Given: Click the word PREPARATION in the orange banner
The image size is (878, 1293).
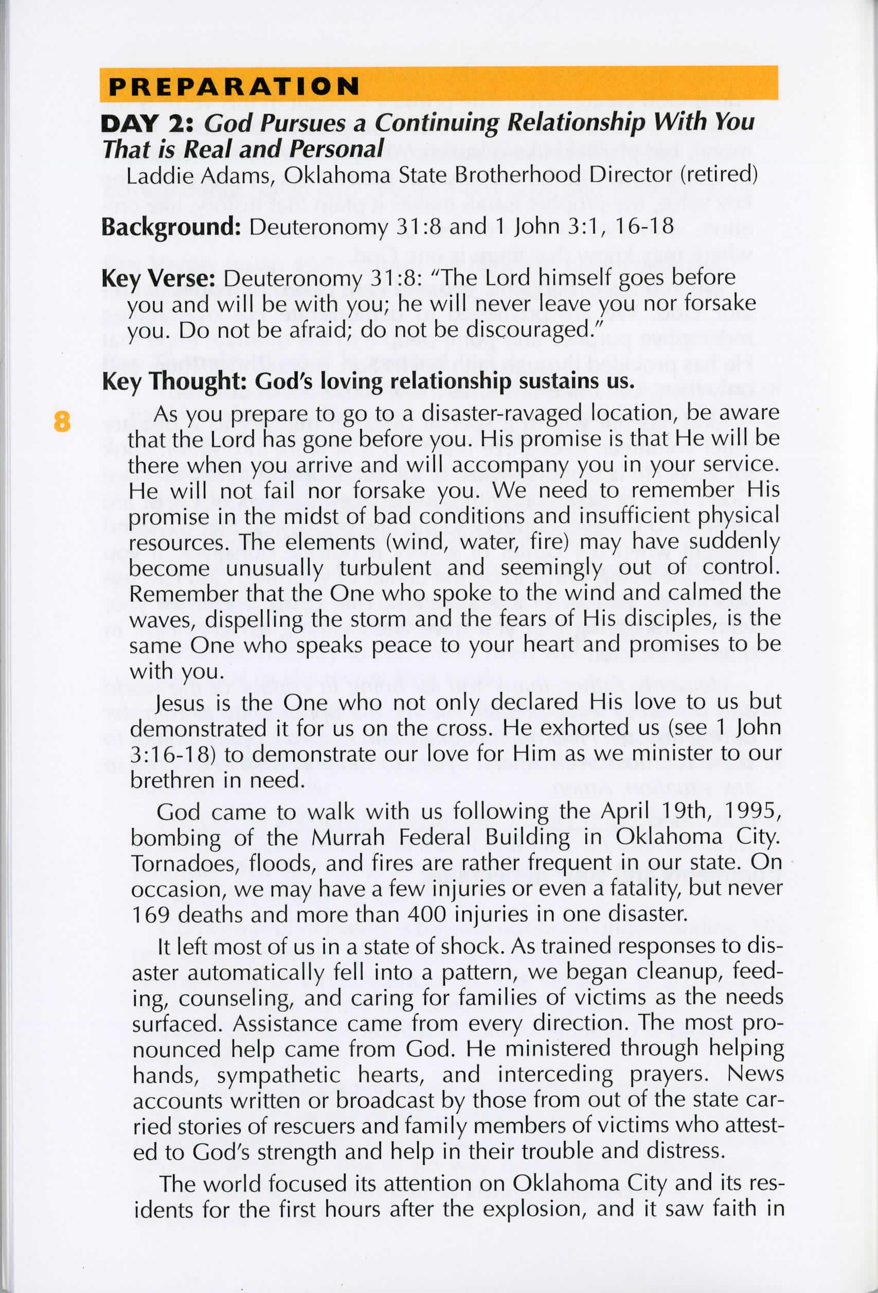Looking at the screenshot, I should point(234,87).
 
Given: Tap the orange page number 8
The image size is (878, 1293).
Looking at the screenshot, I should point(62,421).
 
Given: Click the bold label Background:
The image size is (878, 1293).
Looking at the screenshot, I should point(171,228).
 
